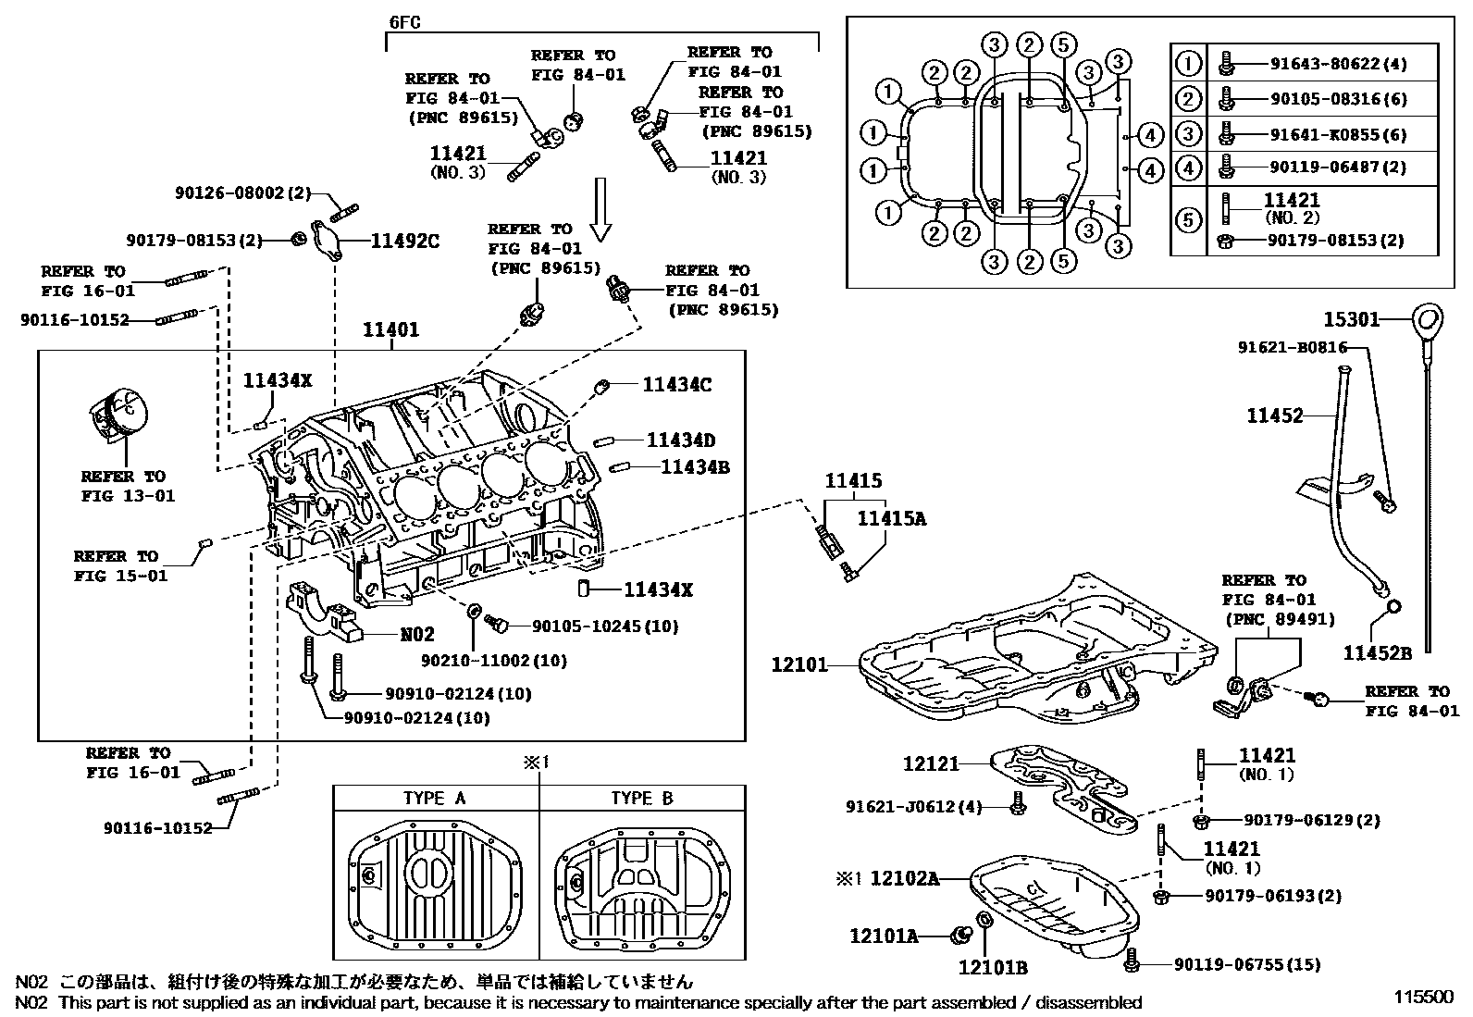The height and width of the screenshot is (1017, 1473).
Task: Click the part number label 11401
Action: coord(390,329)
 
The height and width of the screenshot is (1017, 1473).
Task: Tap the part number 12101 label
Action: coord(800,664)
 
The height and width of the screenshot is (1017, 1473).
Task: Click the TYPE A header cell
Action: coord(435,799)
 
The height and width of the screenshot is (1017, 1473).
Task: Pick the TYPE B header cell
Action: coord(642,799)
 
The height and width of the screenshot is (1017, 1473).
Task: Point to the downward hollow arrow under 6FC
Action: coord(600,209)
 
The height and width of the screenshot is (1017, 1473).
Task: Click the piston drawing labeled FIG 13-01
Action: coord(118,415)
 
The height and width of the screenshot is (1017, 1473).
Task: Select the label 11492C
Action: coord(405,242)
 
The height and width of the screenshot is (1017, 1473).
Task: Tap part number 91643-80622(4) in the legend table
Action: coord(1325,65)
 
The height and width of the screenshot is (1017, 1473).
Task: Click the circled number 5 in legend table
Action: coord(1188,219)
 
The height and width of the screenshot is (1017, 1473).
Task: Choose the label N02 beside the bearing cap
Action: coord(417,636)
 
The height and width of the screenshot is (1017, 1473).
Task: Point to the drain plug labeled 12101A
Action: coord(959,936)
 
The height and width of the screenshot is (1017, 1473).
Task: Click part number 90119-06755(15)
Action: coord(1247,965)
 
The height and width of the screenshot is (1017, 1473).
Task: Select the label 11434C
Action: coord(677,384)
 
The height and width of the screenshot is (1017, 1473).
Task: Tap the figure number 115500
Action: coord(1425,998)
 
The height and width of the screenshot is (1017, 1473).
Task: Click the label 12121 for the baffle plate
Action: coord(931,764)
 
